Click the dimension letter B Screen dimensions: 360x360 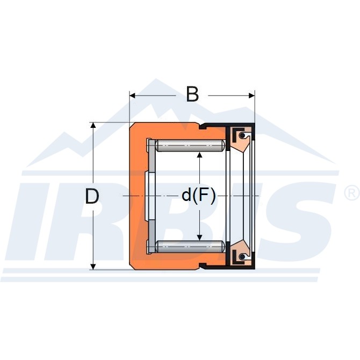[192, 95]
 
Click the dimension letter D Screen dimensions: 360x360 [92, 196]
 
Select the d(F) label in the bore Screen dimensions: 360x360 [199, 196]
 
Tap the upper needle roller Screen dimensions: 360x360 [190, 146]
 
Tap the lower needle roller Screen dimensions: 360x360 [190, 246]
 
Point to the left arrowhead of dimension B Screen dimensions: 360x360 [133, 95]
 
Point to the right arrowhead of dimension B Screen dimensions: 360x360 [251, 95]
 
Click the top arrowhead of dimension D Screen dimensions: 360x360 [93, 125]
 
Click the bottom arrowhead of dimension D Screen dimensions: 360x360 [93, 267]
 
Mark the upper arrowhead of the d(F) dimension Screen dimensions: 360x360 [200, 155]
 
